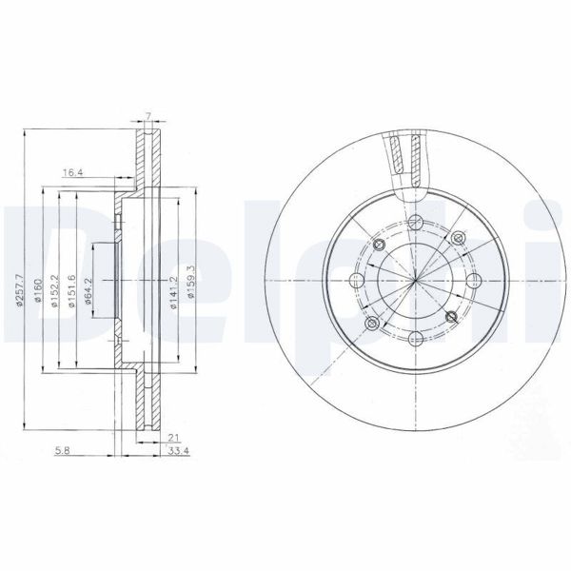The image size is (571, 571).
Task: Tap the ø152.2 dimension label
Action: point(56,286)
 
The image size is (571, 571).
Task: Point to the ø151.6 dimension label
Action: point(73,286)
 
